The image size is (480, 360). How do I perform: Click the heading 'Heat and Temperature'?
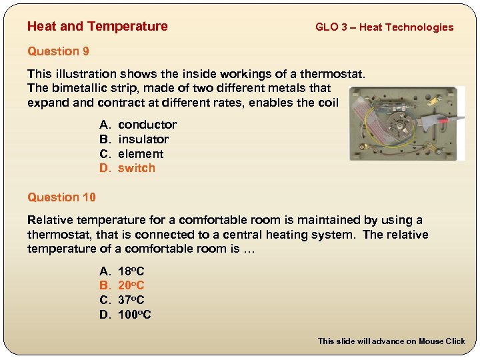point(97,27)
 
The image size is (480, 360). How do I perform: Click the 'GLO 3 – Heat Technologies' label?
point(384,27)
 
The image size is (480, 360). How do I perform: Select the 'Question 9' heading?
point(58,51)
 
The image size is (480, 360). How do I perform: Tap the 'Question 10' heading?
point(61,197)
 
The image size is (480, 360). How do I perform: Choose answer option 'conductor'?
point(147,125)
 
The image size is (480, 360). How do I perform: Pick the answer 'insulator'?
point(143,139)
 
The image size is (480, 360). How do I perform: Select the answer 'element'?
point(140,154)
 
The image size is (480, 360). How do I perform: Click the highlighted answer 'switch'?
point(136,168)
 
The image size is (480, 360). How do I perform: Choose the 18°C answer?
point(131,271)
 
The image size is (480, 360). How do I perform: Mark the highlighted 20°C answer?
point(131,286)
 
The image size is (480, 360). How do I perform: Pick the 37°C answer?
point(131,300)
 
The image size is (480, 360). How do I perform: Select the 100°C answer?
point(134,315)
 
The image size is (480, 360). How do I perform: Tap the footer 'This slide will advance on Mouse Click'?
point(391,341)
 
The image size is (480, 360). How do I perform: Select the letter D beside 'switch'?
point(104,168)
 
